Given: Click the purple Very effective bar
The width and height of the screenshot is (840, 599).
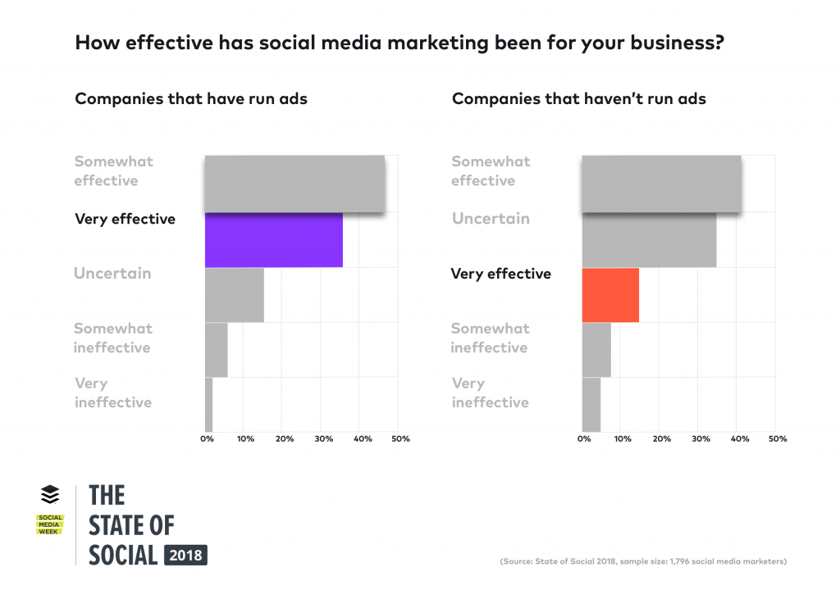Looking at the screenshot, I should click(273, 240).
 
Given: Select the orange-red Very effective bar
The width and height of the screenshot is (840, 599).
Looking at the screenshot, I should click(609, 295).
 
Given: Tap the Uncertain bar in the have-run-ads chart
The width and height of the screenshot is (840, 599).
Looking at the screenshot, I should click(234, 295).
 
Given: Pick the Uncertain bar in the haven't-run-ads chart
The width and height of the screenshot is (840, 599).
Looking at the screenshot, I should click(648, 240).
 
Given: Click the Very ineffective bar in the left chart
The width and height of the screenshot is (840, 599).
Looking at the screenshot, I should click(208, 404).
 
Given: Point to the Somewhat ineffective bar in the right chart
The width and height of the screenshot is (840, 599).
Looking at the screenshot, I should click(596, 350).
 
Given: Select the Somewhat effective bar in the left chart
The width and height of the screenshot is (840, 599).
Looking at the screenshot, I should click(294, 184).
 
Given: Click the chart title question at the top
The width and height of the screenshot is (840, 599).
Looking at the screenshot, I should click(399, 43).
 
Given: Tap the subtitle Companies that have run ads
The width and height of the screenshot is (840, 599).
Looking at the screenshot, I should click(191, 99).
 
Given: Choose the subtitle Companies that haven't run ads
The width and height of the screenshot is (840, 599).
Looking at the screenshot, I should click(578, 99).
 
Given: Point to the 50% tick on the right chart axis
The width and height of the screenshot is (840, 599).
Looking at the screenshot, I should click(778, 439).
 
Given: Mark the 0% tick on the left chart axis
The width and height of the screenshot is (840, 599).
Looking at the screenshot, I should click(208, 439).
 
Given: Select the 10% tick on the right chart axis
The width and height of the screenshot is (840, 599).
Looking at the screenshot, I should click(623, 439).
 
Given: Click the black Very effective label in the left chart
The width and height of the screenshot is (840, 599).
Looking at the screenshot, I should click(125, 219).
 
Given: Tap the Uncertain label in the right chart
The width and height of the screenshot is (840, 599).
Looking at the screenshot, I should click(490, 219).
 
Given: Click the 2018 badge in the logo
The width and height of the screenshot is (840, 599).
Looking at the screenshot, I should click(185, 555).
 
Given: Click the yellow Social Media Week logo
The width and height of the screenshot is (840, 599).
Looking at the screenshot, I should click(50, 524).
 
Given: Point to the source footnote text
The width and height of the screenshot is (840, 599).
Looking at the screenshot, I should click(642, 561).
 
